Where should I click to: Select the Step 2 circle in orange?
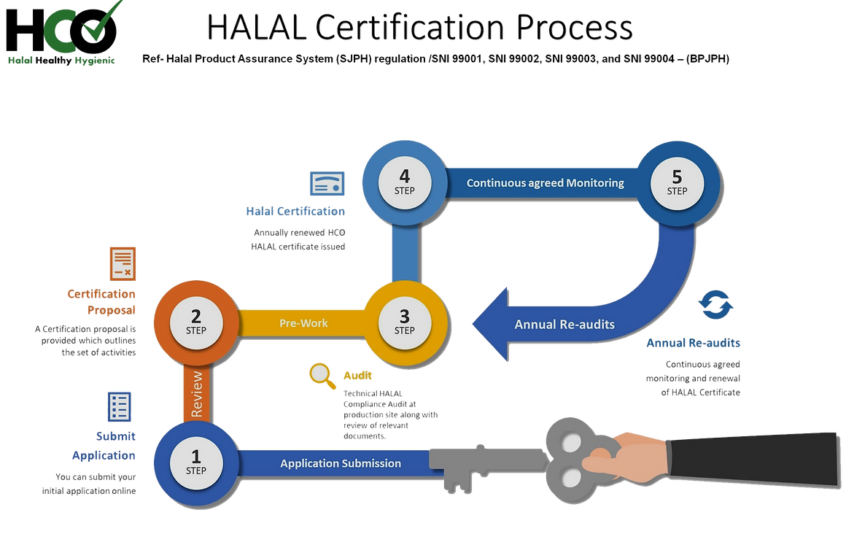coord(195,322)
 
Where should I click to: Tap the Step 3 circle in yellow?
coord(405,322)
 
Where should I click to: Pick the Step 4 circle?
coord(405,183)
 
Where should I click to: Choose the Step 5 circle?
coord(677,183)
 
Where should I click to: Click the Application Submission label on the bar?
coord(341,463)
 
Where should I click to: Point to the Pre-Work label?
coord(304,322)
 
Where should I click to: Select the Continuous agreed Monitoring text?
coord(546,183)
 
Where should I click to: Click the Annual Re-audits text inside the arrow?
coord(564,325)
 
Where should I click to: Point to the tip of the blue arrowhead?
coord(473,323)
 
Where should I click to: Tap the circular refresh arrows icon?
coord(715,306)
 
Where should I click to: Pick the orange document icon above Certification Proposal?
coord(123,263)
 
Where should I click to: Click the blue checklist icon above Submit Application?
coord(120,406)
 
